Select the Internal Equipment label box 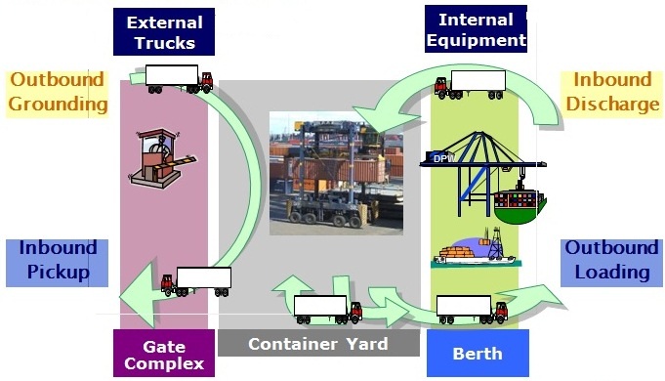pyautogui.click(x=476, y=29)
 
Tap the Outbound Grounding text pyautogui.click(x=58, y=93)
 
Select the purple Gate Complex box pyautogui.click(x=163, y=354)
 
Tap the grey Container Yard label pyautogui.click(x=317, y=344)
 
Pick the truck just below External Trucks pyautogui.click(x=179, y=79)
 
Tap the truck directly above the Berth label pyautogui.click(x=472, y=310)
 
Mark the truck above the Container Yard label pyautogui.click(x=328, y=310)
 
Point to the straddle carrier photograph pyautogui.click(x=338, y=173)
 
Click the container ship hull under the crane pyautogui.click(x=520, y=206)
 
